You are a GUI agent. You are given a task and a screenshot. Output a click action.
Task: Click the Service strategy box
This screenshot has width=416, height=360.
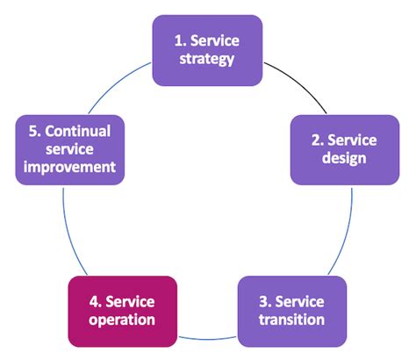pos(207,50)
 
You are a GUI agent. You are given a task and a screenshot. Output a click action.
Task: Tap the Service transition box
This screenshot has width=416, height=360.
pos(291,310)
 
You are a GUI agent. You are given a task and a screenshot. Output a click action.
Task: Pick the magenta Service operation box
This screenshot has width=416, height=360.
pos(122,311)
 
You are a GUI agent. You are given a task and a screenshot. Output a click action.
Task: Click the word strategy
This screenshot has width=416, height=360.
pos(207,61)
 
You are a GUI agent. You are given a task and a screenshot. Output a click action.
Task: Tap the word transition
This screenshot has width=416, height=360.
pos(291,320)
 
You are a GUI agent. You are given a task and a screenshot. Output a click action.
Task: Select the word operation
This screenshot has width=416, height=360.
pos(122,320)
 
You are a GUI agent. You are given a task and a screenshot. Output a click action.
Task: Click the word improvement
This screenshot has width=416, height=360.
pos(70,166)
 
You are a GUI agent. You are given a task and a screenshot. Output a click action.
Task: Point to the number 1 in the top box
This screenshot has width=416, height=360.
pos(175,40)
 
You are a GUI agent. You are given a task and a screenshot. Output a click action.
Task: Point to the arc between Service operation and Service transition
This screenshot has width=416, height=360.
pos(207,339)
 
